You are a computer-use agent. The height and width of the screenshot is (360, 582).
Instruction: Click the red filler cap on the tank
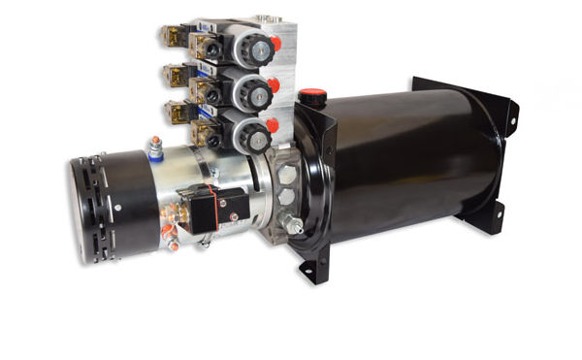coord(310,96)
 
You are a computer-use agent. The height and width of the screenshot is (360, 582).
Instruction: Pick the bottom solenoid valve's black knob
coord(250,135)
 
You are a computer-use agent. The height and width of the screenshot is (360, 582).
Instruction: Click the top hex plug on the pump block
coord(288,174)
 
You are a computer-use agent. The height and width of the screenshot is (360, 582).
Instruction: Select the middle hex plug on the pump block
coord(287,197)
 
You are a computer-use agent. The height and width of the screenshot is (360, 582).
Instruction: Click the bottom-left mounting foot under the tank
coord(308,268)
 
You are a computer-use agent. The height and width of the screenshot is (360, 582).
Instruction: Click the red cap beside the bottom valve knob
coord(274,125)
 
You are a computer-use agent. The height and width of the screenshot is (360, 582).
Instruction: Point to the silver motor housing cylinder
coord(194,184)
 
